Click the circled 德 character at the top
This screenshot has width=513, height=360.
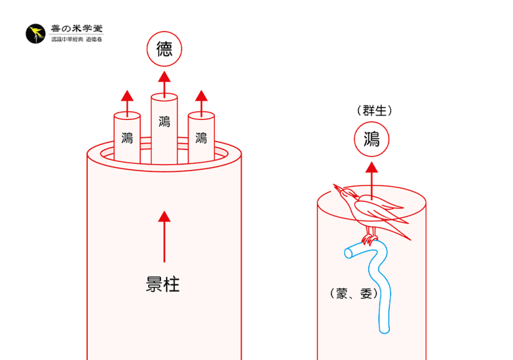pos(164,50)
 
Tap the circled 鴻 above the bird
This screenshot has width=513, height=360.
pos(371,139)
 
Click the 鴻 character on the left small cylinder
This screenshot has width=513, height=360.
pos(127,137)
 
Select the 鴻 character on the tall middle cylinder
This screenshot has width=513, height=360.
pos(164,121)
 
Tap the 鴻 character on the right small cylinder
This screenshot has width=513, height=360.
pos(201,137)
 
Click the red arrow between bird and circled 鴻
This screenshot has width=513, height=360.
pos(371,176)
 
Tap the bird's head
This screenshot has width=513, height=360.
pos(346,192)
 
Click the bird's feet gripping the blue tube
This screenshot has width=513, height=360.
pos(369,240)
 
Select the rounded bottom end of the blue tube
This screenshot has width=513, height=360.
pos(384,329)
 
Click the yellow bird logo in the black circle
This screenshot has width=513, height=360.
pos(35,34)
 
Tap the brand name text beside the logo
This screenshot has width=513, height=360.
pos(76,30)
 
